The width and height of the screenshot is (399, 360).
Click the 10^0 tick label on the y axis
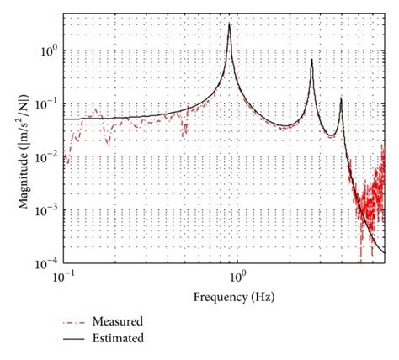(51, 52)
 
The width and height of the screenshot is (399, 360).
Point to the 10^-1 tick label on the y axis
(50, 103)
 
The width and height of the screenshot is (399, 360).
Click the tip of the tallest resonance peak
(230, 24)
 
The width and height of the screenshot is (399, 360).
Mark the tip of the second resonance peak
(312, 59)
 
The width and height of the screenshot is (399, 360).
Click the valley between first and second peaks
(287, 126)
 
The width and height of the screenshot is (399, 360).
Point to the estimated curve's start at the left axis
(65, 119)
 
